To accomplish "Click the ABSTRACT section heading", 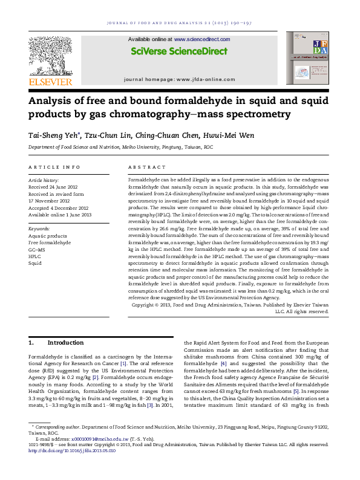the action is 143,166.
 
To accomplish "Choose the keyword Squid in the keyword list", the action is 34,264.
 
